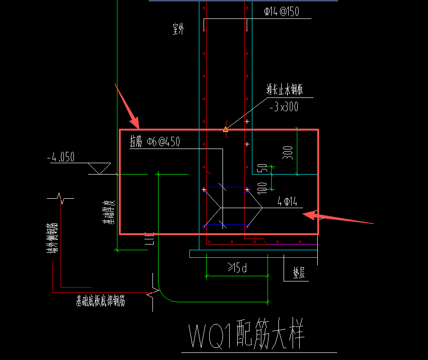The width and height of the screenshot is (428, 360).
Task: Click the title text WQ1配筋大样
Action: point(246,336)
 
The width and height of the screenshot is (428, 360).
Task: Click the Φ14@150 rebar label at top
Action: point(281,12)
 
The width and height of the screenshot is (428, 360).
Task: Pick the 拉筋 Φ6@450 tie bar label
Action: point(155,141)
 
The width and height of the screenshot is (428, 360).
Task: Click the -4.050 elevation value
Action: point(61,157)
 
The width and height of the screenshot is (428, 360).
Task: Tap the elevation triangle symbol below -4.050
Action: point(99,168)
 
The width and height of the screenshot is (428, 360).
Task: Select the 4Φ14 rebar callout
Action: point(287,202)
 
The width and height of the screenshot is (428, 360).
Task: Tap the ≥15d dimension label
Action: point(237,268)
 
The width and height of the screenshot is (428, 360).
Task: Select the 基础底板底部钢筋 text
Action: point(100,300)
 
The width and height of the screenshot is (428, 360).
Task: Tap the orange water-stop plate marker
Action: point(225,129)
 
